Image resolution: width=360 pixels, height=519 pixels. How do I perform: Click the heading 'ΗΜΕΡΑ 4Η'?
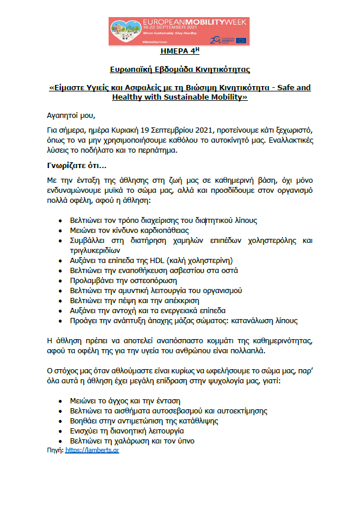[179, 52]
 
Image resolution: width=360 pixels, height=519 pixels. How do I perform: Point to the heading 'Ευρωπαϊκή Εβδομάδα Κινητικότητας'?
[179, 69]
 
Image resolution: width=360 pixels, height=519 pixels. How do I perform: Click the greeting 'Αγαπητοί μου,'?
[70, 114]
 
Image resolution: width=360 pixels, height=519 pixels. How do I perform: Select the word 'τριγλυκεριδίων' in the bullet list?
[97, 250]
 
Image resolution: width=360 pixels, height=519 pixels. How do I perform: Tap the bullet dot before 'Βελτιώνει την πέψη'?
[61, 300]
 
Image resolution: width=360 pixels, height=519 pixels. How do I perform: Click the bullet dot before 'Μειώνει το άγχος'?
[61, 400]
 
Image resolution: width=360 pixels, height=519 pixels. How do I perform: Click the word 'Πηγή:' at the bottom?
[55, 449]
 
